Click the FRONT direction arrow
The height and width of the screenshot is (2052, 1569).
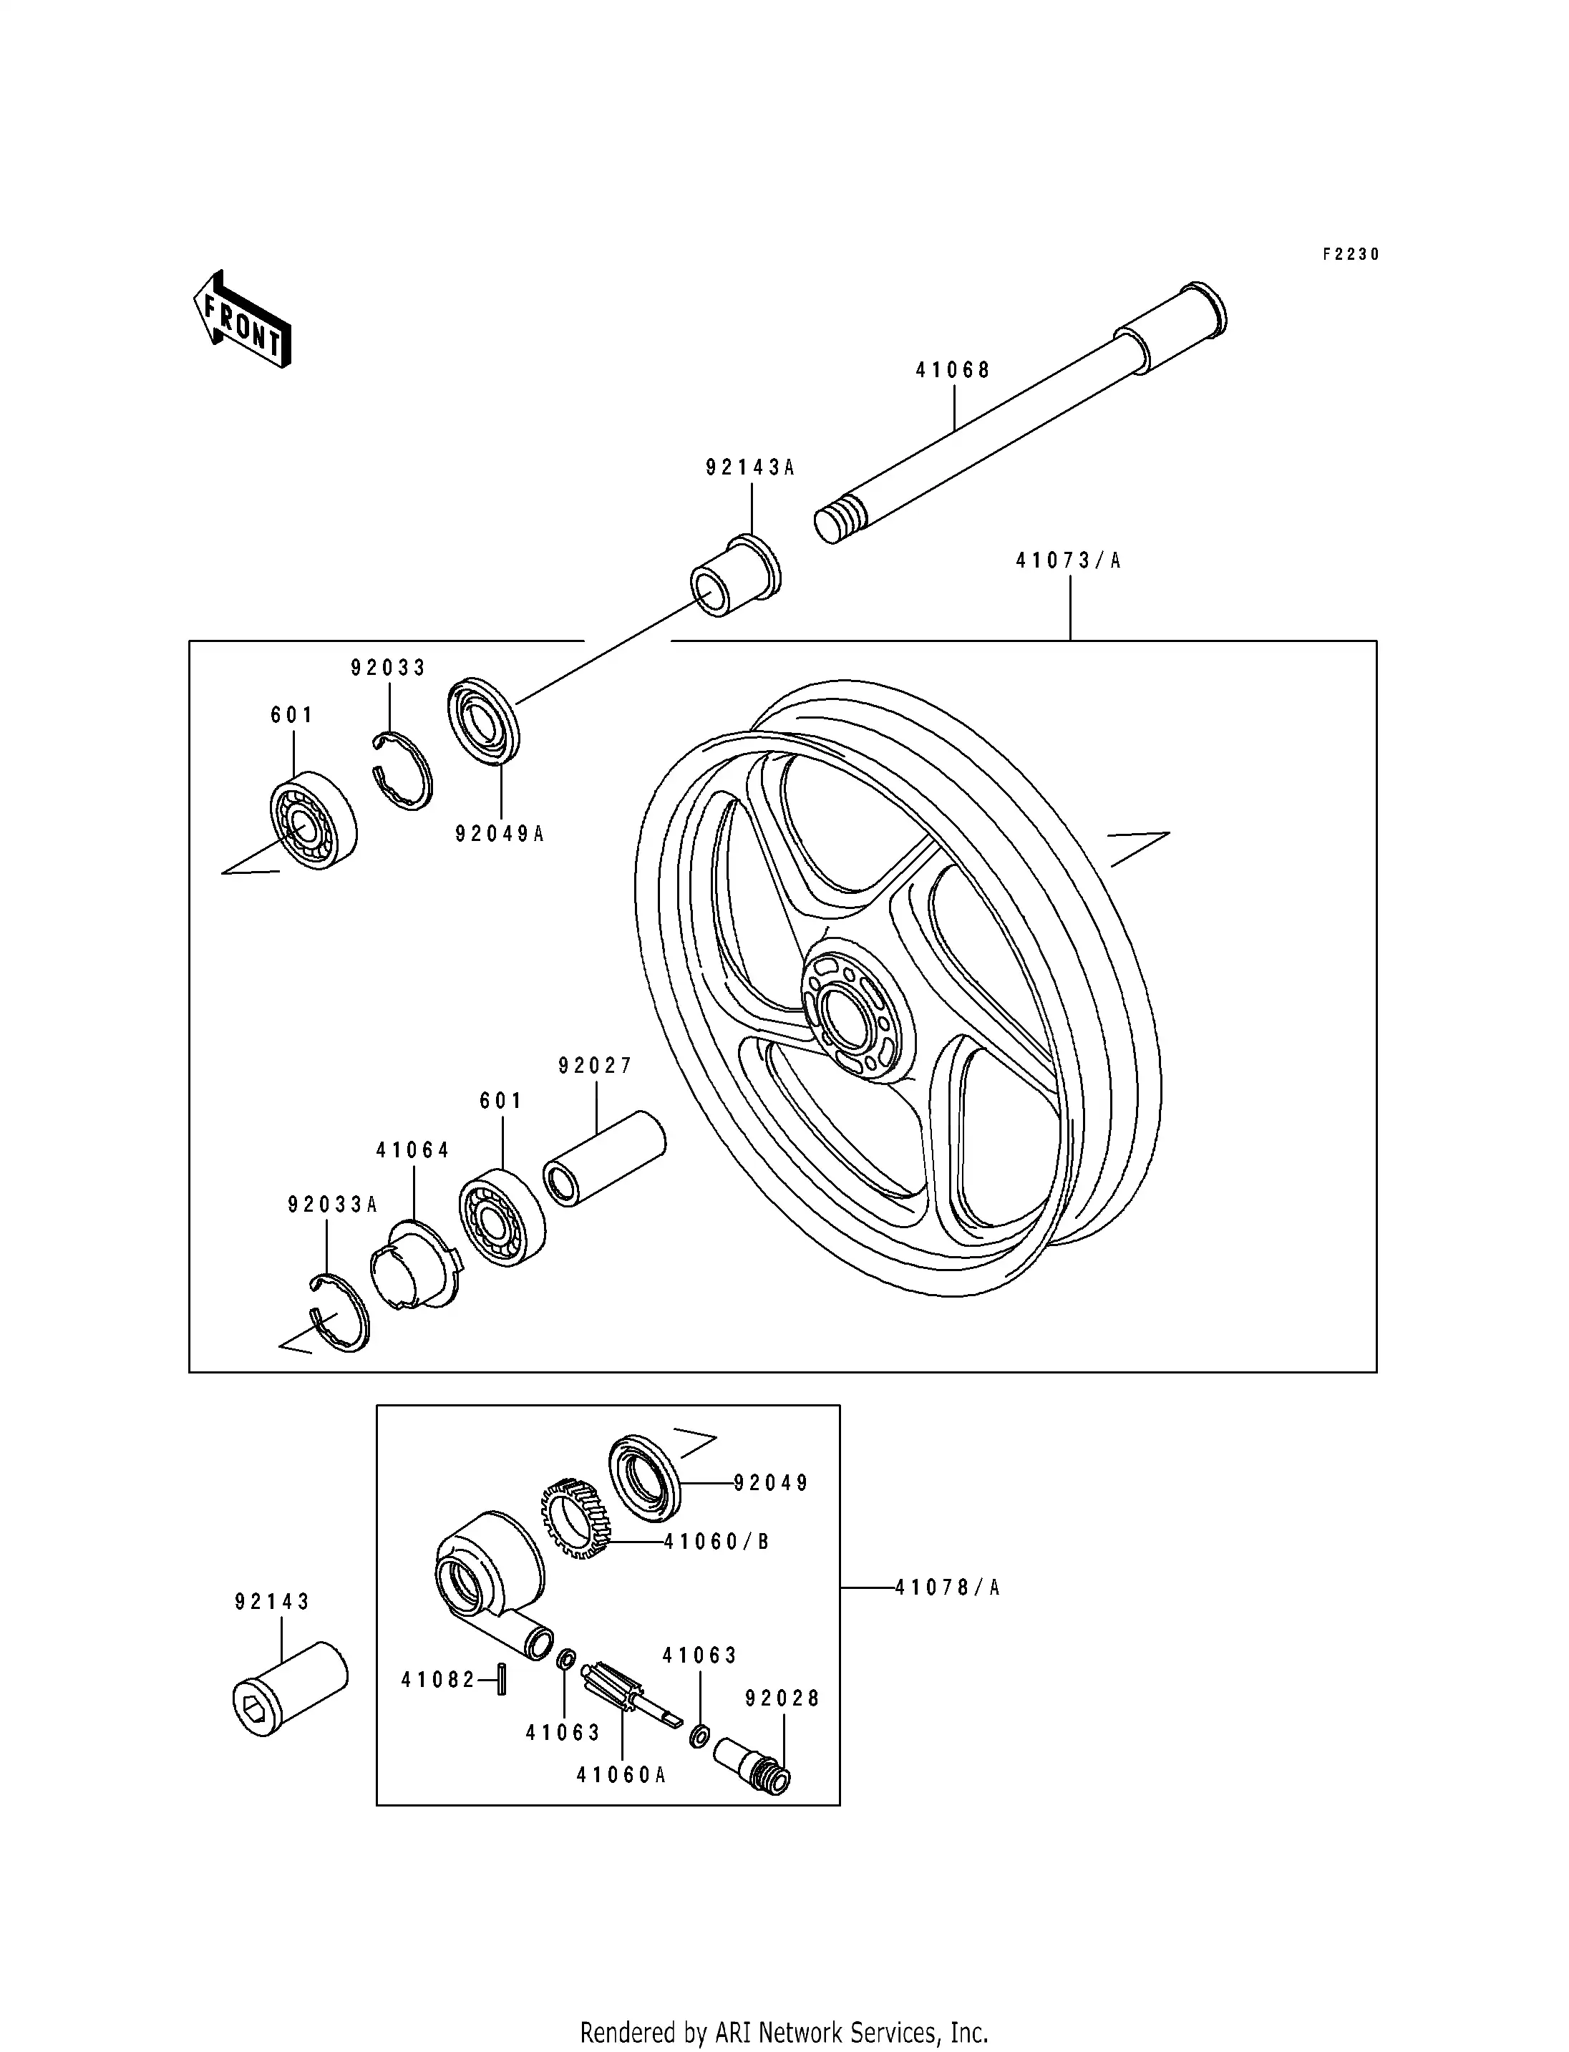(242, 319)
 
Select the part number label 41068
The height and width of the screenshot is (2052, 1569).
(952, 370)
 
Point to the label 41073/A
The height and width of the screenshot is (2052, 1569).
(1069, 560)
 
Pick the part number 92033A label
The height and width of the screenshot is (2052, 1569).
(331, 1205)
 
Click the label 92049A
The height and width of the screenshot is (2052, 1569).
(499, 833)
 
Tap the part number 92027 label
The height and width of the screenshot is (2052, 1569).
(595, 1066)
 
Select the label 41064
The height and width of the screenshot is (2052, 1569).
(413, 1149)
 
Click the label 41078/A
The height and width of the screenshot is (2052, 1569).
(947, 1587)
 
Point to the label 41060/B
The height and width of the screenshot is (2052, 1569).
(717, 1542)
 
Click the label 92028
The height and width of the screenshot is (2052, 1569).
(782, 1699)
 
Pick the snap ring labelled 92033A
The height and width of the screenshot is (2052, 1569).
(340, 1312)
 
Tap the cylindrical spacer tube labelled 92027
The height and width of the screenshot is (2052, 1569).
(604, 1157)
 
